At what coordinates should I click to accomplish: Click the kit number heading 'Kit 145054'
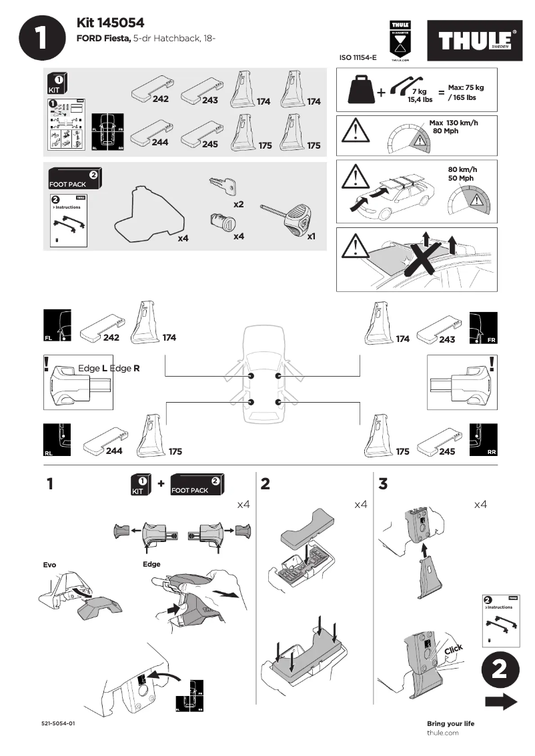pyautogui.click(x=111, y=23)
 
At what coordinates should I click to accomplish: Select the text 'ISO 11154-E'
pyautogui.click(x=359, y=59)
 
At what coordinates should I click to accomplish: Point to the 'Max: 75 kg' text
pyautogui.click(x=466, y=88)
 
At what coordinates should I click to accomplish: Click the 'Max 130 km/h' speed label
pyautogui.click(x=454, y=123)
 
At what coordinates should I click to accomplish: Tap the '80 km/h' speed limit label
pyautogui.click(x=461, y=169)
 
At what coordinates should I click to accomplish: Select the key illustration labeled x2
pyautogui.click(x=222, y=187)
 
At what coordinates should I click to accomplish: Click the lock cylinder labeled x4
pyautogui.click(x=219, y=221)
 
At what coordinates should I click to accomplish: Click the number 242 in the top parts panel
pyautogui.click(x=160, y=99)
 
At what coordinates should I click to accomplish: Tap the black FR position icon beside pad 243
pyautogui.click(x=482, y=327)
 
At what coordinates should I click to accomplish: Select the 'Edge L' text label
pyautogui.click(x=93, y=368)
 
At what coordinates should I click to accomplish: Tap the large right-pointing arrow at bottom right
pyautogui.click(x=501, y=701)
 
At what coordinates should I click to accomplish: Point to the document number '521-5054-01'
pyautogui.click(x=58, y=723)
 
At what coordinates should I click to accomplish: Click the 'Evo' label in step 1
pyautogui.click(x=49, y=565)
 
